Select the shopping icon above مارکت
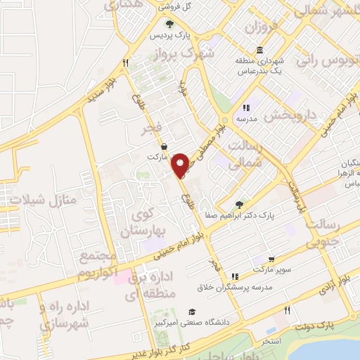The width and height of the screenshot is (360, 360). point(163,147)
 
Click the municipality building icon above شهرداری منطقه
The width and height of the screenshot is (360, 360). point(261,50)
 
